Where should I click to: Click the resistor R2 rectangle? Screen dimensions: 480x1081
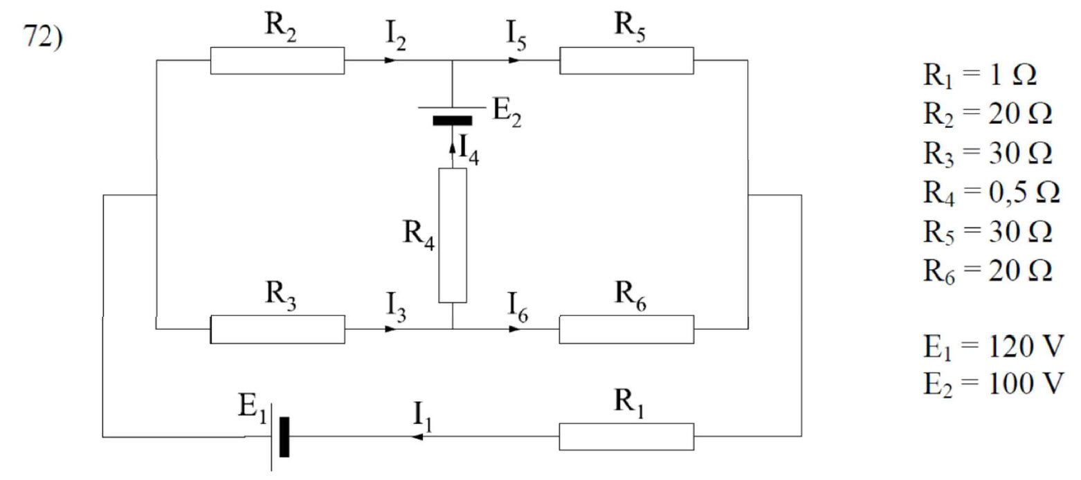(277, 60)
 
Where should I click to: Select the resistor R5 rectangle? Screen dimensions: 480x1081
(626, 60)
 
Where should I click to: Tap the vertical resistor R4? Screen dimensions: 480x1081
(453, 235)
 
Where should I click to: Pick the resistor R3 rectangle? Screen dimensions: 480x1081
(277, 329)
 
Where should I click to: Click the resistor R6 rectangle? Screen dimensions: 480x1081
(626, 329)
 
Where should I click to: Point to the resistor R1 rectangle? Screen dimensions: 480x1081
(626, 436)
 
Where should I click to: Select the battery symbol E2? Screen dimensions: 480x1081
(452, 114)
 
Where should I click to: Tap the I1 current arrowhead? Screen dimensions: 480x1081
(417, 436)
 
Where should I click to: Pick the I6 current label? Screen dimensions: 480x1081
(518, 305)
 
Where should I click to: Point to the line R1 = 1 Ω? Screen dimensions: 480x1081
(976, 77)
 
